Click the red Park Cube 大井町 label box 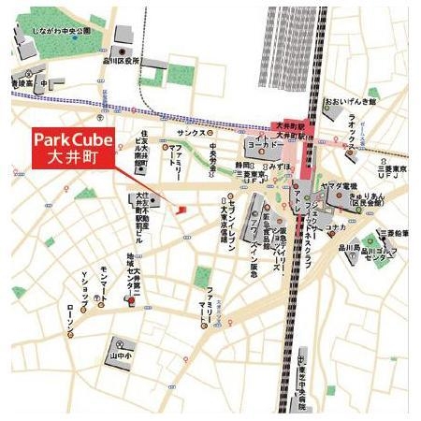(x=72, y=148)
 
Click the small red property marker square (x=183, y=208)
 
